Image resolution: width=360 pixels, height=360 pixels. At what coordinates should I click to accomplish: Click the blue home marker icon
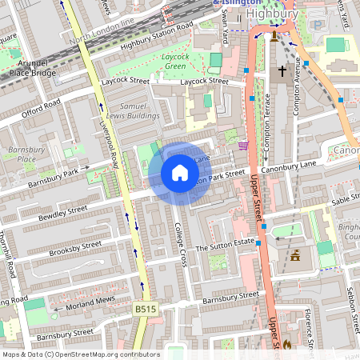click(180, 173)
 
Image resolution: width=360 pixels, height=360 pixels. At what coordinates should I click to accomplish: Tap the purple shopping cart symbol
click(243, 145)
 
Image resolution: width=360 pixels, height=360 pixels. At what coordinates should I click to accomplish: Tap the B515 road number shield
click(145, 309)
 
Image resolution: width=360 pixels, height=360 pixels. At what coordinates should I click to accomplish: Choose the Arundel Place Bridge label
click(32, 67)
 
